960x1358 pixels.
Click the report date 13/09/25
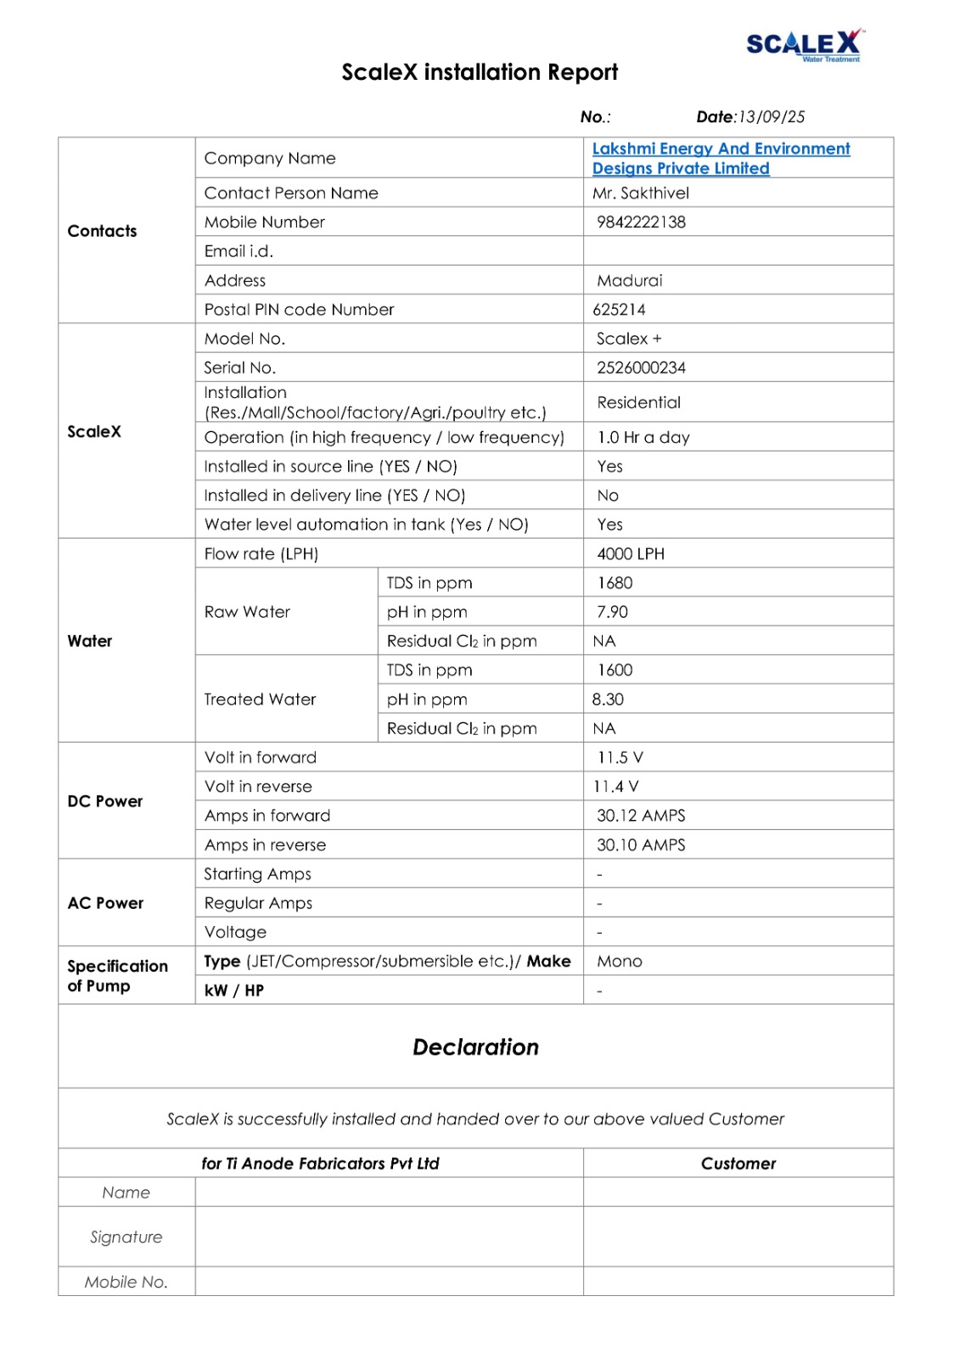click(772, 117)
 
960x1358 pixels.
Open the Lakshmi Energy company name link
click(721, 159)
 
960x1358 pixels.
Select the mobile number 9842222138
click(641, 222)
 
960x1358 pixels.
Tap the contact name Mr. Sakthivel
click(641, 194)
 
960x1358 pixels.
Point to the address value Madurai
click(629, 281)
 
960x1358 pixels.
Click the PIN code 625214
click(619, 310)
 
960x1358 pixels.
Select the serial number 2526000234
click(641, 368)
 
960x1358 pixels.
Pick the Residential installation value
click(638, 402)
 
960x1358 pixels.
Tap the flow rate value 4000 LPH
click(631, 554)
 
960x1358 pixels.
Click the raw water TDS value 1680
click(615, 583)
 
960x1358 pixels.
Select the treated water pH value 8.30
click(608, 699)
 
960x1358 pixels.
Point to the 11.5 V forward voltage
click(620, 758)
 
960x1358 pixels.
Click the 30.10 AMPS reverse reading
click(641, 845)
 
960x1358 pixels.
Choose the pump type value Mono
click(620, 962)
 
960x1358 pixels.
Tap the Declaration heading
click(475, 1047)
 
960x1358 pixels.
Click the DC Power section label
click(105, 801)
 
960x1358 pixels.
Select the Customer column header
click(738, 1164)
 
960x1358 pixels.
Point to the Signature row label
click(126, 1237)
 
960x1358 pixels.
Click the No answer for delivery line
click(608, 496)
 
